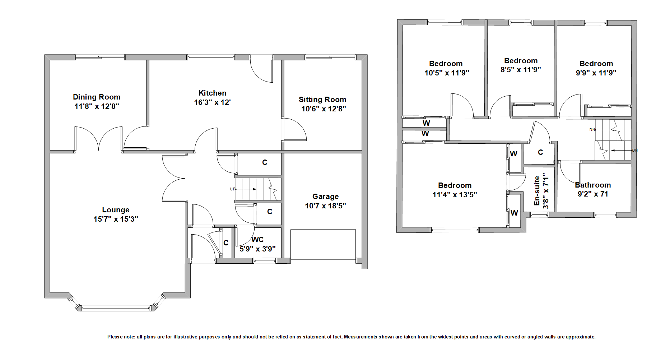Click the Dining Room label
(97, 97)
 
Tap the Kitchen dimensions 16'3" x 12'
(212, 102)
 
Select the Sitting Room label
(322, 100)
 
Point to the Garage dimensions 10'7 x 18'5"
(325, 206)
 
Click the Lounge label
(116, 210)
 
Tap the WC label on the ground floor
(258, 239)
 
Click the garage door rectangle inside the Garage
(323, 244)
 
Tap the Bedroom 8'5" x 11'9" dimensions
(521, 70)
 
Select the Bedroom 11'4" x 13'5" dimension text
(455, 195)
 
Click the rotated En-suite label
(537, 190)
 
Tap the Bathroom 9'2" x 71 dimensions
(593, 194)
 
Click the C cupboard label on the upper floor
(540, 152)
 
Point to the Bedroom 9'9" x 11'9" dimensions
(596, 73)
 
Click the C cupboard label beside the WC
(226, 243)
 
